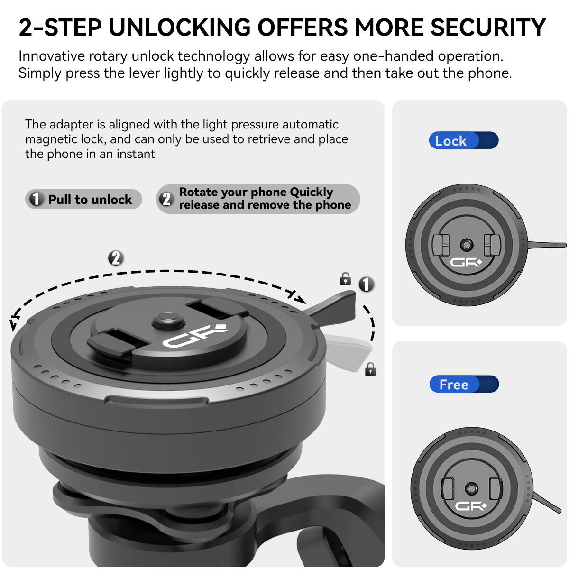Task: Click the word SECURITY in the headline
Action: click(488, 27)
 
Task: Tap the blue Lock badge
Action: click(464, 140)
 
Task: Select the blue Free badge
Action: click(464, 384)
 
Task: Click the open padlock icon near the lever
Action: click(345, 279)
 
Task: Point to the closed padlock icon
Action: click(370, 369)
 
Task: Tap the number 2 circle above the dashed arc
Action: click(116, 258)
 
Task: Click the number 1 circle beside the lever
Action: click(366, 284)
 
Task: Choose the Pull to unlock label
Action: click(83, 199)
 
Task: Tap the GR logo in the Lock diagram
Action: click(466, 262)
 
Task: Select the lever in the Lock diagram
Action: click(547, 245)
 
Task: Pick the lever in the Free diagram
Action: click(547, 502)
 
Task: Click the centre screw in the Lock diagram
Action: click(467, 245)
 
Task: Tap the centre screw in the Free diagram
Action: click(471, 488)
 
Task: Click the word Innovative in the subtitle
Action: click(52, 56)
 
